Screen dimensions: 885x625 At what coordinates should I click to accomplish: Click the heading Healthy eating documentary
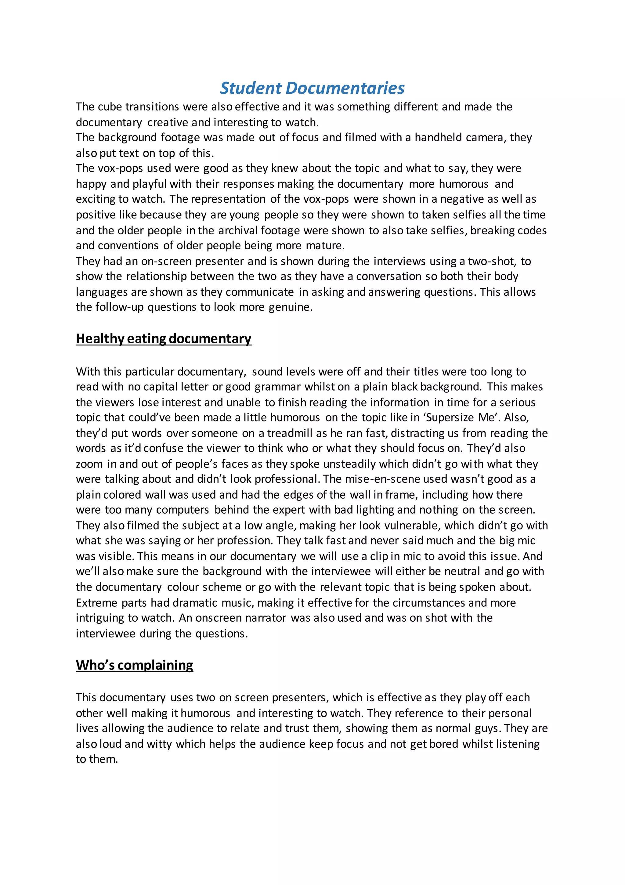(164, 338)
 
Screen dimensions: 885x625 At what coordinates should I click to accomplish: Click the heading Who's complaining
(134, 665)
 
